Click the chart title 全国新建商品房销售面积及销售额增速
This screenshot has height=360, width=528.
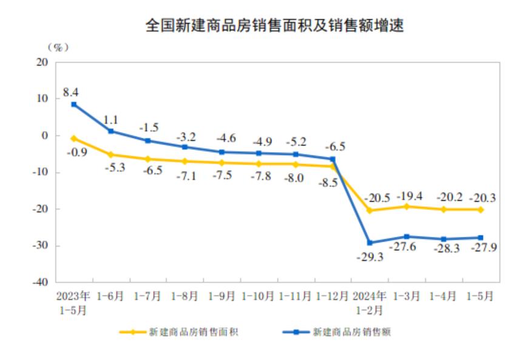[x=274, y=25]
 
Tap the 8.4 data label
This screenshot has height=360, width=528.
[x=70, y=93]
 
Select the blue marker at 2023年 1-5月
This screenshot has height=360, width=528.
[x=74, y=104]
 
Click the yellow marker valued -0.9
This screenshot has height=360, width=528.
[x=74, y=138]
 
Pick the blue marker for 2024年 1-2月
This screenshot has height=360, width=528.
[x=370, y=243]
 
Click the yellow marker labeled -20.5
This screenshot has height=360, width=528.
[x=370, y=211]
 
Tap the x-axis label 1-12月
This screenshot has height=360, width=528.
[x=332, y=296]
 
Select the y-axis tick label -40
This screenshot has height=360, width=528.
[x=40, y=282]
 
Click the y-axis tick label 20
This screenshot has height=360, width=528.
[x=42, y=62]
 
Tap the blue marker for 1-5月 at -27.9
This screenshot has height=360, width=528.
[x=480, y=237]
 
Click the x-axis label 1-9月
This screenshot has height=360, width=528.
[x=222, y=296]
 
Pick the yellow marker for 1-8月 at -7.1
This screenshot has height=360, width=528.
[x=184, y=161]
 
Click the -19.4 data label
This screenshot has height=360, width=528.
[x=407, y=195]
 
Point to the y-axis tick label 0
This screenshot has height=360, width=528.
[x=46, y=135]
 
